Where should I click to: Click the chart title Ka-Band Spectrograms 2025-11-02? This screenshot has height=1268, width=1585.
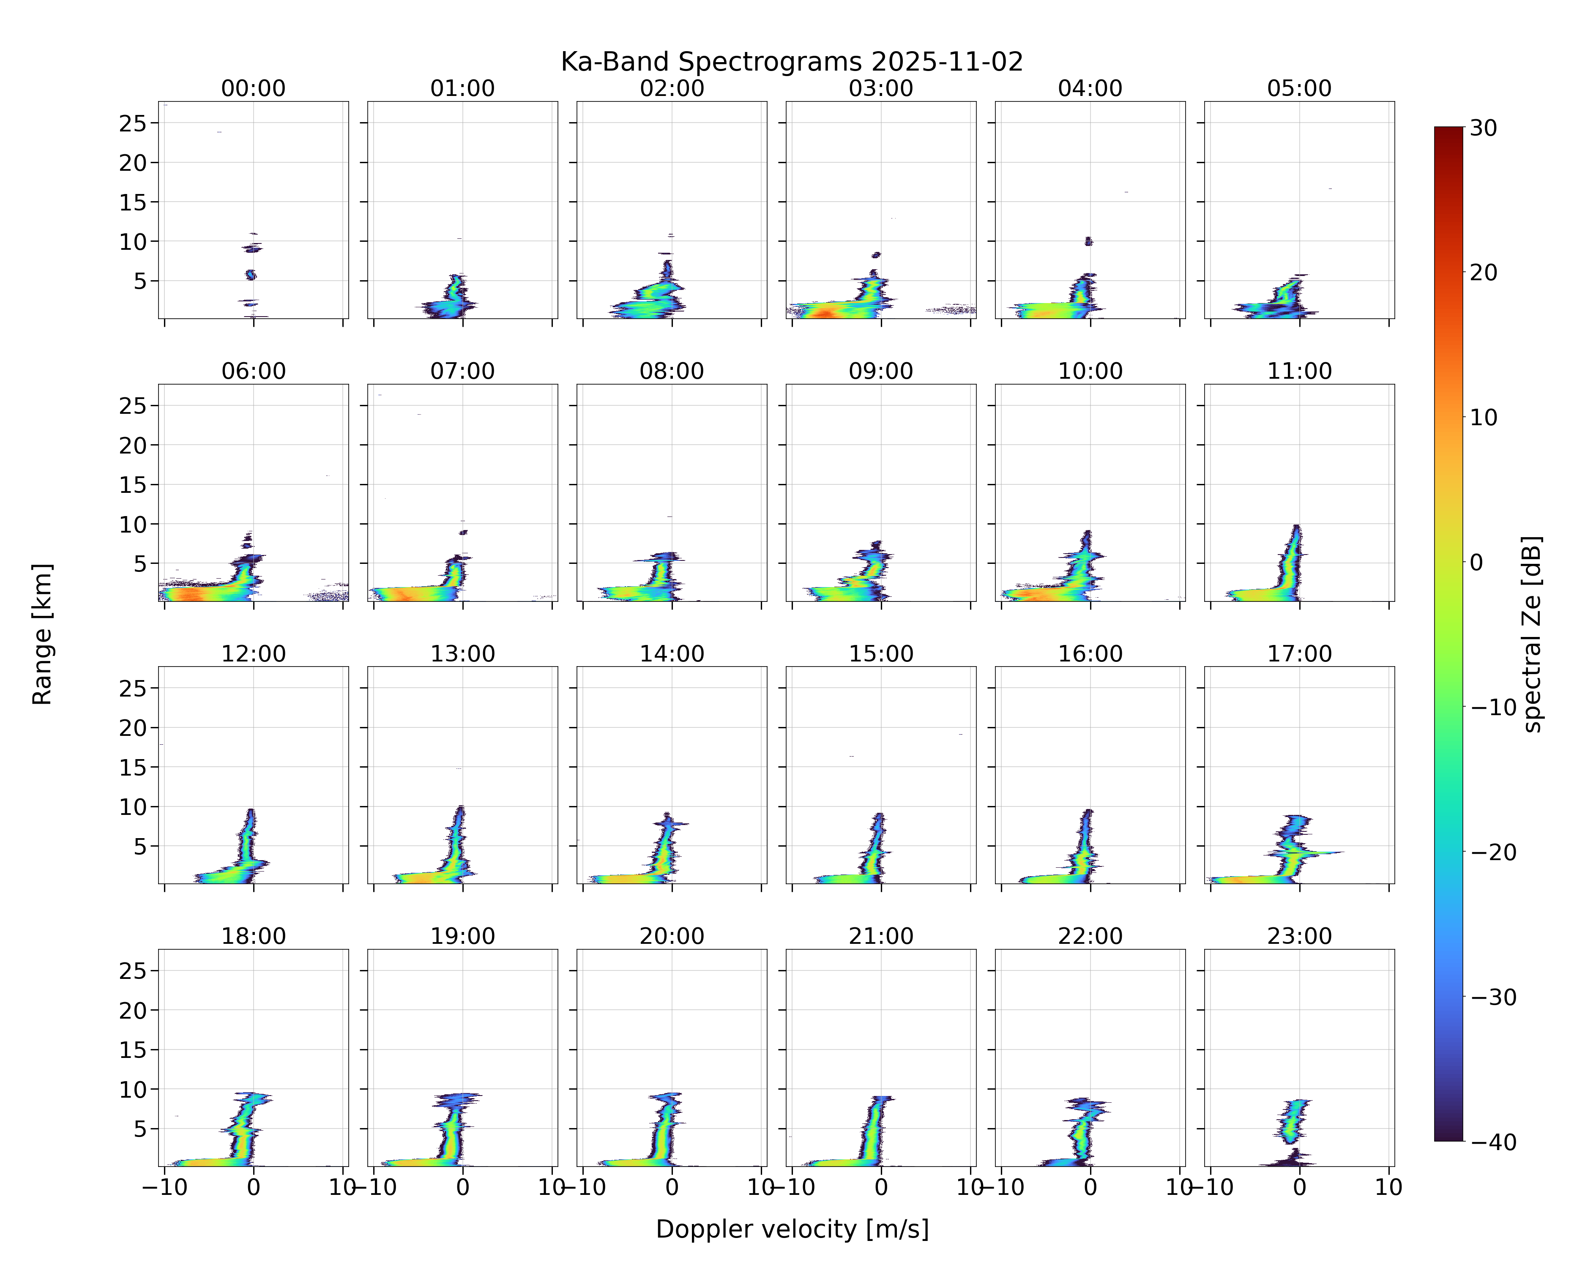(x=792, y=62)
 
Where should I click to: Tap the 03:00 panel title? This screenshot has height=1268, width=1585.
(x=881, y=88)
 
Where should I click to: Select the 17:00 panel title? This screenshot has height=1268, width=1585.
(x=1299, y=653)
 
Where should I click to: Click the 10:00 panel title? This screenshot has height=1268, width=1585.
(x=1090, y=371)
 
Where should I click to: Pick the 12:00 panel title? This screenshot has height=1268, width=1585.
(x=254, y=653)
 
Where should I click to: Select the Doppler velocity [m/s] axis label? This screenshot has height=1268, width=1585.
(x=792, y=1229)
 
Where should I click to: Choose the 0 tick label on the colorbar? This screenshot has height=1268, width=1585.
(x=1477, y=562)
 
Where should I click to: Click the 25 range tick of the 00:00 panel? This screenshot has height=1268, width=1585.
(x=133, y=123)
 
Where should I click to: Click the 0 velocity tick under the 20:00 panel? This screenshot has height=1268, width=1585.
(x=672, y=1187)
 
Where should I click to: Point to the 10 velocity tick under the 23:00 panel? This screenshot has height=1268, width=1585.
(x=1389, y=1187)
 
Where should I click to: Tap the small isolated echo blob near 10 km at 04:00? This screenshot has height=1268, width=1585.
(x=1089, y=241)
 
